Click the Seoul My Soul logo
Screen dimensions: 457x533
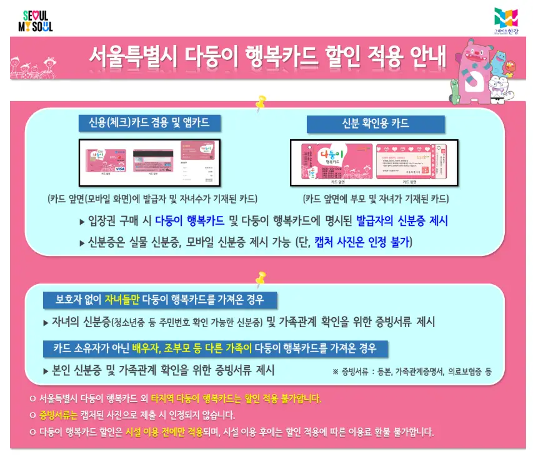[37, 21]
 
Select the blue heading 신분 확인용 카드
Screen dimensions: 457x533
[375, 124]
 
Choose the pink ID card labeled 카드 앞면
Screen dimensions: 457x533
[337, 163]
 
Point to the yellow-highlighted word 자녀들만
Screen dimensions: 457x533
[122, 300]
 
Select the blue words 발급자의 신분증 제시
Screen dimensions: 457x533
[402, 221]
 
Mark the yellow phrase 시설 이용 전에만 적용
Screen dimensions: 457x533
[164, 431]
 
